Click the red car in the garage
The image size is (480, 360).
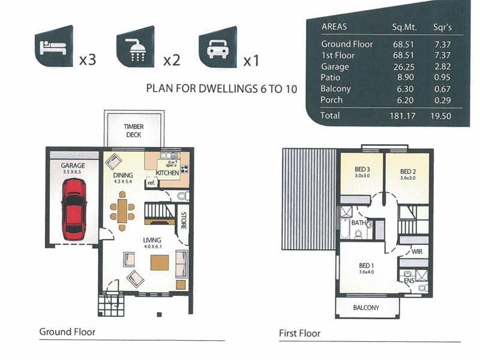[x=74, y=209]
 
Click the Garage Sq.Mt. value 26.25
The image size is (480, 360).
[x=404, y=67]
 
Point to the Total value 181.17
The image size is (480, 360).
[x=403, y=116]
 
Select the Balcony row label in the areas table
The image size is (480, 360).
[x=335, y=89]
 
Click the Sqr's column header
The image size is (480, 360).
[x=442, y=27]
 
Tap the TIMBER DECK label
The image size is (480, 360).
[x=133, y=131]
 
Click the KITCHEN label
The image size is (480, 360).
[x=167, y=173]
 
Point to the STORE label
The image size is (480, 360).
[x=184, y=220]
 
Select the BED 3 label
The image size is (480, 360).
[x=362, y=169]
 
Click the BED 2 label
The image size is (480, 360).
[x=408, y=172]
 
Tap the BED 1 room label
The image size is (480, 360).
[x=366, y=266]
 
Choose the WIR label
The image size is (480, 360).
[x=417, y=251]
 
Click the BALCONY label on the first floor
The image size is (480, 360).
[x=366, y=308]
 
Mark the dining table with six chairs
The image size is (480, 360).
[x=122, y=211]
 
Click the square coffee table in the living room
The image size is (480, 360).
[x=160, y=263]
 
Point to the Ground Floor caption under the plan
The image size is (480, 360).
[x=67, y=332]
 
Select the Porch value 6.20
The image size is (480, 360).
[x=405, y=100]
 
